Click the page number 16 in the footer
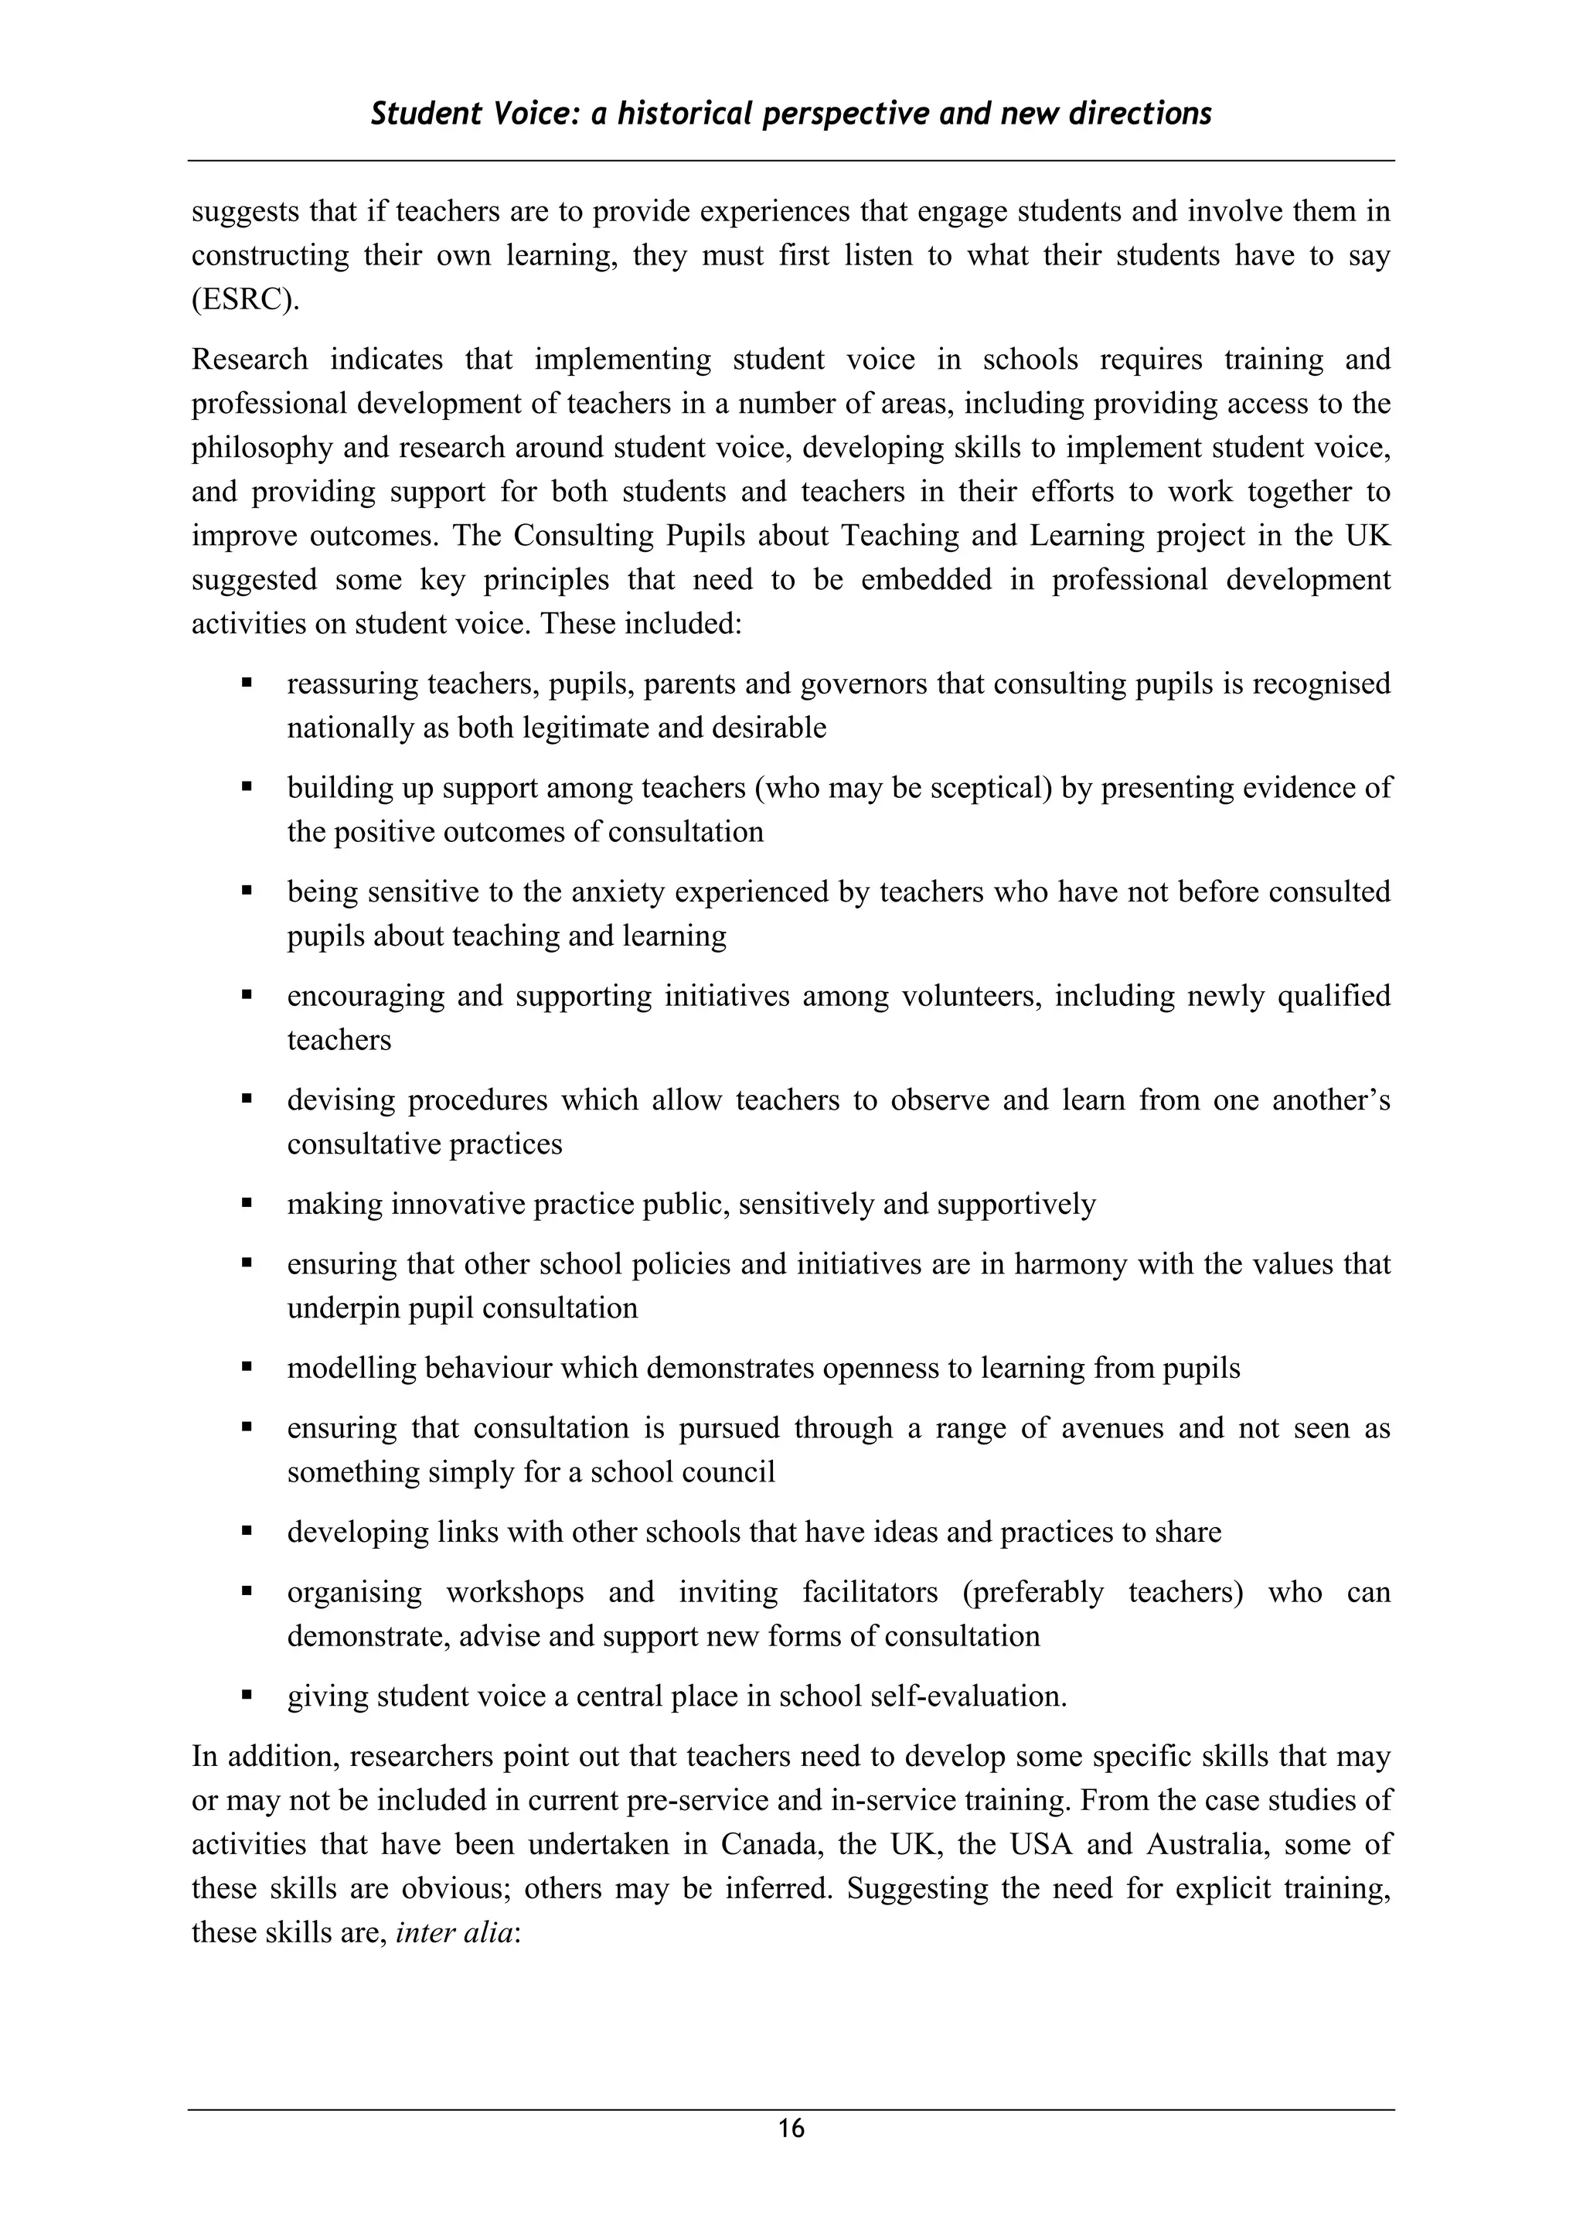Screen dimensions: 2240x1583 (x=791, y=2128)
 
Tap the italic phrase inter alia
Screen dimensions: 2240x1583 (x=454, y=1931)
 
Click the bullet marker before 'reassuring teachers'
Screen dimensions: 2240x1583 (x=247, y=683)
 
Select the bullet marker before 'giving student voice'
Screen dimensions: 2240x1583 (x=247, y=1696)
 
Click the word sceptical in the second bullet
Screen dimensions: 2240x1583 (x=987, y=787)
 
